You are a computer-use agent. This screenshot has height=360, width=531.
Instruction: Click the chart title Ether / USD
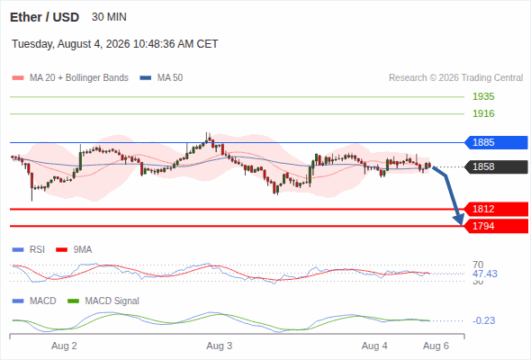coord(44,17)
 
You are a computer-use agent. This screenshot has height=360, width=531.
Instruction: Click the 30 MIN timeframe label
coord(109,17)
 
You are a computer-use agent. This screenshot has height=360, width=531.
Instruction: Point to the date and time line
coord(115,44)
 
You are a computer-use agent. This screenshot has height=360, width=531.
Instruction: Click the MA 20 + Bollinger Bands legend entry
coord(70,78)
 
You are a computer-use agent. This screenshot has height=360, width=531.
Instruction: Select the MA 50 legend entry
coord(161,78)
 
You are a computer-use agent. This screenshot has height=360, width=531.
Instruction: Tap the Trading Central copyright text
coord(455,78)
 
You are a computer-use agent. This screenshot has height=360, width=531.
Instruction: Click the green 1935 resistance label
coord(483,97)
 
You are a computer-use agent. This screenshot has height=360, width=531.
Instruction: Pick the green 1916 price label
coord(483,113)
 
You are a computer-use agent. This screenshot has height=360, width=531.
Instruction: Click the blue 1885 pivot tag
coord(496,142)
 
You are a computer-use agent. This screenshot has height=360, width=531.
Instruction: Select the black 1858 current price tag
coord(496,167)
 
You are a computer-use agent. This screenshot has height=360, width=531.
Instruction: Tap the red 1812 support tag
coord(496,210)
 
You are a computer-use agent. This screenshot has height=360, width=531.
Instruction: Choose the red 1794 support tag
coord(496,226)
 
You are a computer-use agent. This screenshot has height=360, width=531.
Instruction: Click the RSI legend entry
coord(29,250)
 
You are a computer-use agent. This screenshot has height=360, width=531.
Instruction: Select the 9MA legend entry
coord(74,250)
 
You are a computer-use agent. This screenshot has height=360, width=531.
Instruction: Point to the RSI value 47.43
coord(484,274)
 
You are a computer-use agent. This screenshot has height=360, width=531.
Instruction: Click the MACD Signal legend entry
coord(103,301)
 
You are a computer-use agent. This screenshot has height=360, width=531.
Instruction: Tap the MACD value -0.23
coord(483,320)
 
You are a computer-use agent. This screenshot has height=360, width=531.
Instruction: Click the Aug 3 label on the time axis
coord(219,346)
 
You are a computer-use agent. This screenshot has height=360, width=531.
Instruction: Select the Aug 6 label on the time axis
coord(436,346)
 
